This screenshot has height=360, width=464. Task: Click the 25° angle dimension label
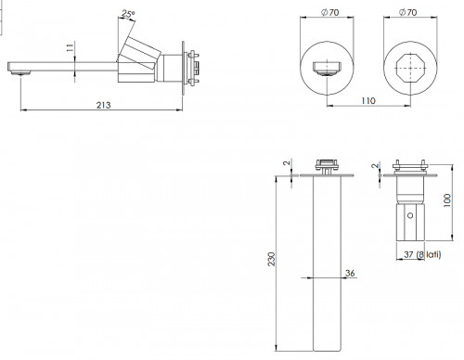[x=128, y=14]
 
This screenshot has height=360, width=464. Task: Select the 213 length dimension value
[x=103, y=105]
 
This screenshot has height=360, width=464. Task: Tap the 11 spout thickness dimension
[x=70, y=47]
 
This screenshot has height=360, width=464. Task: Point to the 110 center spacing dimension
[x=368, y=101]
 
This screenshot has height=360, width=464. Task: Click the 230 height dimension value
[x=271, y=259]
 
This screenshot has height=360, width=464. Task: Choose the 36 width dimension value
[x=350, y=273]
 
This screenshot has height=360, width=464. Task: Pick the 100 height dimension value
[x=447, y=200]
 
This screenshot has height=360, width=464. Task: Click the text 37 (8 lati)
[x=422, y=254]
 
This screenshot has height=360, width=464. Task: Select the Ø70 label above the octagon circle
[x=408, y=12]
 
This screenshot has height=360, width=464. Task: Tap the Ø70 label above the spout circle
[x=329, y=12]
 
